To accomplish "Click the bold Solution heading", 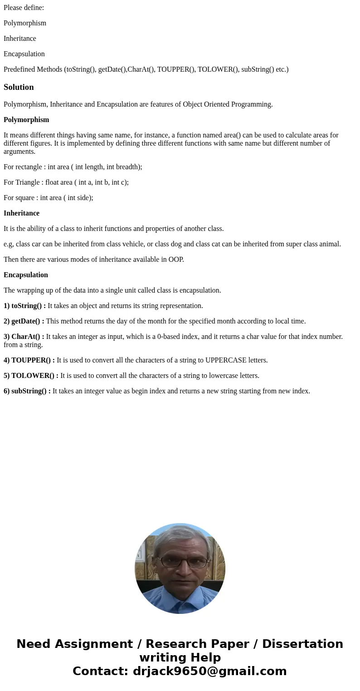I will point(19,87).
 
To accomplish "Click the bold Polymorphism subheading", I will point(26,120).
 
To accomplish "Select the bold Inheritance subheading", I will point(21,213).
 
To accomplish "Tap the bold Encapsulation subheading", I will point(26,275).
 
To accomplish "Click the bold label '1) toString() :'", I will point(24,306).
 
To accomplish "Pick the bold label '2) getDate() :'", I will point(24,321).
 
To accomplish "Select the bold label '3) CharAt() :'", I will point(24,337).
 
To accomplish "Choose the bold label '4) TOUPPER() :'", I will point(29,360).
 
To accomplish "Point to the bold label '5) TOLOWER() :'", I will point(31,376).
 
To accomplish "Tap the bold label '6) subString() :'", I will point(27,391).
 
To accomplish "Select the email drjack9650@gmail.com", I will point(209,671).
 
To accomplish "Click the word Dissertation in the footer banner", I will point(302,644).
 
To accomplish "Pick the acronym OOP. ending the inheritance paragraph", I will point(175,260).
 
